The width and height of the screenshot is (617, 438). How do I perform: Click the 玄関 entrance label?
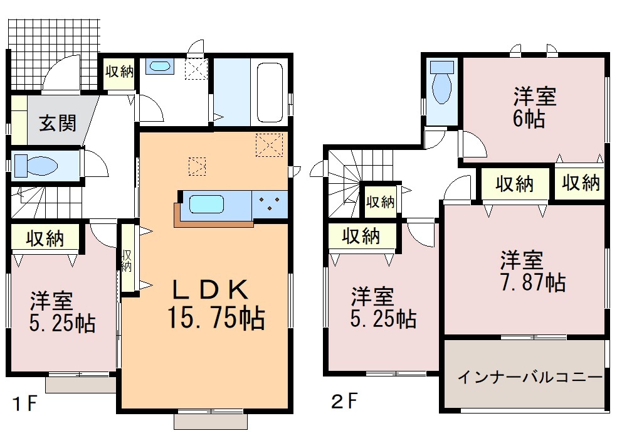(x=58, y=124)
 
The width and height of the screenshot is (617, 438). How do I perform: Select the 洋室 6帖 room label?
(x=534, y=107)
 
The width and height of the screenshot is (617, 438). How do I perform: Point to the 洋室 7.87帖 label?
(x=532, y=271)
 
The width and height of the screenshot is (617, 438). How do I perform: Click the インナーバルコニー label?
(x=530, y=377)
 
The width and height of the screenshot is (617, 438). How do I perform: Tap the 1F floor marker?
(x=25, y=403)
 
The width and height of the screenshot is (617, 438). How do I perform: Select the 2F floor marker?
(x=345, y=402)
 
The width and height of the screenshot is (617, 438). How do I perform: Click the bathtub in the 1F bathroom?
(x=270, y=93)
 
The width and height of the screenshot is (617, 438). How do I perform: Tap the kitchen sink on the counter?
(x=206, y=205)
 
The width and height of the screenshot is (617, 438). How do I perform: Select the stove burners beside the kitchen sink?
(x=270, y=204)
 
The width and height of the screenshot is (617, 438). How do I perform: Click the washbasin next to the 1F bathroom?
(x=158, y=66)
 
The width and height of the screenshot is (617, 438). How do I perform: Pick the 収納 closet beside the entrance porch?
(x=119, y=72)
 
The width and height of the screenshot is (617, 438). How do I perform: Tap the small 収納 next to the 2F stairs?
(x=380, y=202)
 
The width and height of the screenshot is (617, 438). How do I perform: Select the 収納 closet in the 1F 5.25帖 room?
(x=45, y=238)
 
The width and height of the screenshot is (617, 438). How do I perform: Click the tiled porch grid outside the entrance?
(x=54, y=53)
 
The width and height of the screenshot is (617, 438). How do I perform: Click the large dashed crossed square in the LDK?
(x=269, y=145)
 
